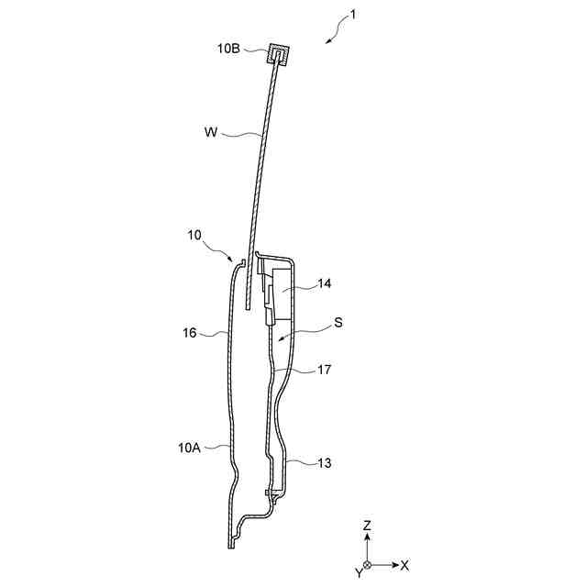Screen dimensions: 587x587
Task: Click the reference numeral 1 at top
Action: click(x=352, y=15)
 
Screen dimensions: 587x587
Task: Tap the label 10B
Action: click(x=228, y=49)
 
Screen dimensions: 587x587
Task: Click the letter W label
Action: click(x=211, y=132)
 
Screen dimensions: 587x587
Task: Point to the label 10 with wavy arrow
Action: click(x=194, y=235)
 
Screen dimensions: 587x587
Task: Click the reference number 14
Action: click(x=325, y=283)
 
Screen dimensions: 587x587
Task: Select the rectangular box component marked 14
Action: click(x=282, y=293)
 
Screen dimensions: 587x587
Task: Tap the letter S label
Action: click(x=338, y=322)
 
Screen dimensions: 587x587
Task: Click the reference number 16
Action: click(x=190, y=332)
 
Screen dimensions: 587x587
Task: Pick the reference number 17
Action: click(x=324, y=370)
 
